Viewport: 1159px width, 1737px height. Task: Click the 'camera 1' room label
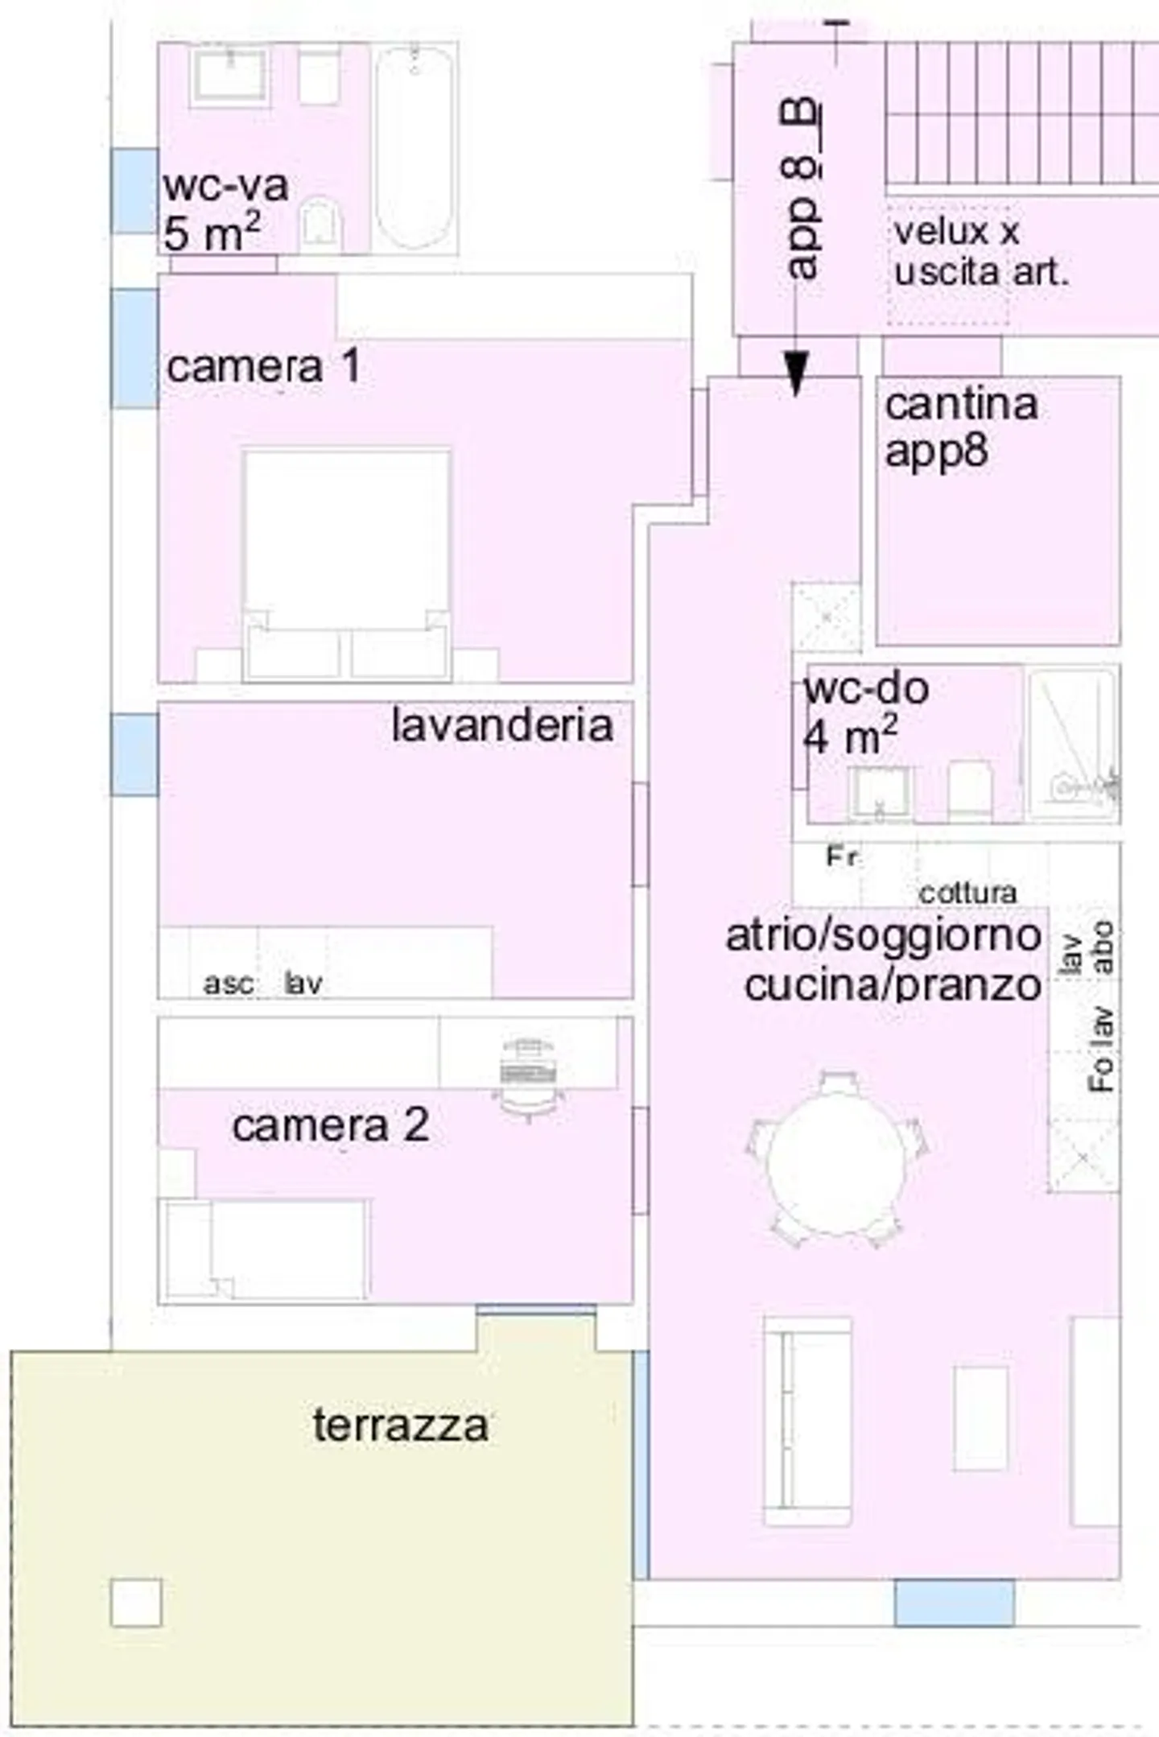[263, 367]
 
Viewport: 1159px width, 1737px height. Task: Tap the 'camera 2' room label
[330, 1125]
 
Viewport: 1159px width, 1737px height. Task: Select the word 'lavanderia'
[502, 725]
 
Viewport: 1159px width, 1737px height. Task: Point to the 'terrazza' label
[400, 1425]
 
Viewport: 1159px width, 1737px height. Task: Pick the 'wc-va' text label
[225, 186]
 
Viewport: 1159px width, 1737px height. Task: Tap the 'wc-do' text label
[866, 688]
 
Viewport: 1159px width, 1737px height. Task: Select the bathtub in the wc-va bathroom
[415, 146]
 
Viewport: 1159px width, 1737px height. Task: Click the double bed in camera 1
[347, 563]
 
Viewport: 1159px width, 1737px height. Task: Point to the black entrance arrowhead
[796, 373]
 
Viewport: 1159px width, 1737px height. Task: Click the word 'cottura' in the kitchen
[967, 893]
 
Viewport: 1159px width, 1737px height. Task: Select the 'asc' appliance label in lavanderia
[229, 983]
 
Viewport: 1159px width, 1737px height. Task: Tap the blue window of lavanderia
[134, 754]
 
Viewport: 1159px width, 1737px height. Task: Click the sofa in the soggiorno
[807, 1421]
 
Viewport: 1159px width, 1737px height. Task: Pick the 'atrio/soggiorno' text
[883, 936]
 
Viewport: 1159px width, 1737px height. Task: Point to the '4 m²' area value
[850, 736]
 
